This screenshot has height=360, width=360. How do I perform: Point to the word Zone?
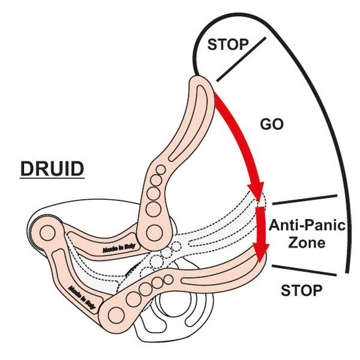pyautogui.click(x=306, y=243)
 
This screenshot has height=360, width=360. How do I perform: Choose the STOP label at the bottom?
pyautogui.click(x=302, y=291)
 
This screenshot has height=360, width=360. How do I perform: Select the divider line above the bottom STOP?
pyautogui.click(x=304, y=270)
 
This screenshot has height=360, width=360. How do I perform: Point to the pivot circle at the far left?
pyautogui.click(x=46, y=228)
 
